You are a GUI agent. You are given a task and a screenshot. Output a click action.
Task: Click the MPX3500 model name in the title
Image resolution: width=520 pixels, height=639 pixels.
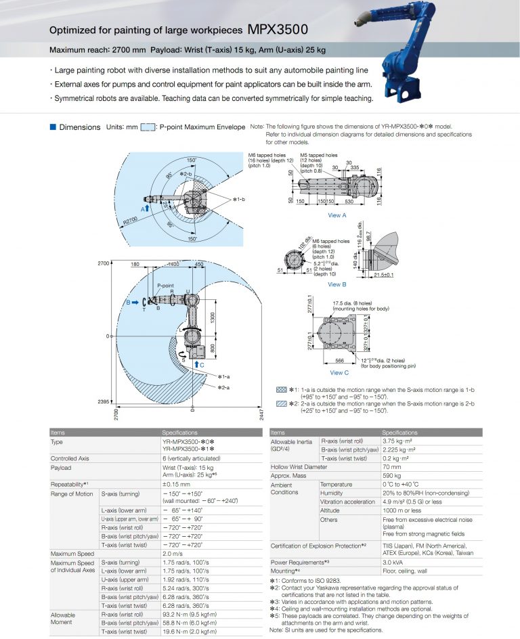pyautogui.click(x=278, y=29)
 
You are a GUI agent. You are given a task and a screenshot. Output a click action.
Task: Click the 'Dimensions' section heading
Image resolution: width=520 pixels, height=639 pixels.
pyautogui.click(x=79, y=127)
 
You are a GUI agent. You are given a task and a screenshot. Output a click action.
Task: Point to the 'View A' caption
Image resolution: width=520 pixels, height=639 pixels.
pyautogui.click(x=337, y=215)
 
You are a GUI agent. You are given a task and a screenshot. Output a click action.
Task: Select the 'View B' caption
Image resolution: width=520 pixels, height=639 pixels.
pyautogui.click(x=337, y=284)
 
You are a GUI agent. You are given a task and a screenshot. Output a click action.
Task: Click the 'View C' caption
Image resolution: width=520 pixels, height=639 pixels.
pyautogui.click(x=339, y=372)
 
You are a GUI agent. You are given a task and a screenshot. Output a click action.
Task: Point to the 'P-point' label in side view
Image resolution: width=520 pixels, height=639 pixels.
pyautogui.click(x=166, y=286)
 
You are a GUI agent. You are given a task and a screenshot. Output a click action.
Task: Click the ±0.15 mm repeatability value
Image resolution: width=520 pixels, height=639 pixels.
pyautogui.click(x=176, y=484)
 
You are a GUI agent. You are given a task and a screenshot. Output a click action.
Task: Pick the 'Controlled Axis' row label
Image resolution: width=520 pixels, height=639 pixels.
pyautogui.click(x=70, y=458)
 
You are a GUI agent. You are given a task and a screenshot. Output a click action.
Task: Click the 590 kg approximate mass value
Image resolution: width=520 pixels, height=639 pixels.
pyautogui.click(x=391, y=476)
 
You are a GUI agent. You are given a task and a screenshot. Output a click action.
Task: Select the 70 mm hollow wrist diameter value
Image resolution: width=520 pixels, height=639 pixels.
pyautogui.click(x=391, y=467)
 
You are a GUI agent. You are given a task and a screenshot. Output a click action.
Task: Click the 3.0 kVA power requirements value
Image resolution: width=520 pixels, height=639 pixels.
pyautogui.click(x=393, y=562)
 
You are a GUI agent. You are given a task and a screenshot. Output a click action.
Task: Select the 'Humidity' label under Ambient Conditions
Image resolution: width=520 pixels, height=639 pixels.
pyautogui.click(x=332, y=493)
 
